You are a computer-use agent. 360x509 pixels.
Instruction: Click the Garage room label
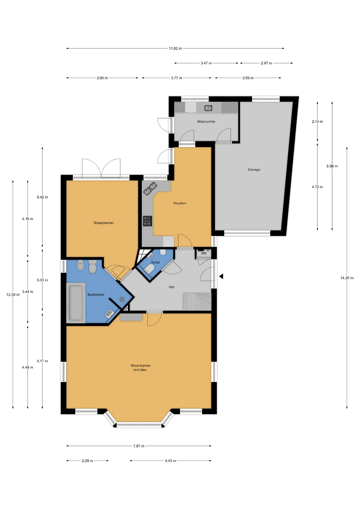[x=254, y=170]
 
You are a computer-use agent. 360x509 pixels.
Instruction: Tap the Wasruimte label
[x=206, y=121]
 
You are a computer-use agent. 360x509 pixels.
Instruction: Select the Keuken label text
[x=180, y=203]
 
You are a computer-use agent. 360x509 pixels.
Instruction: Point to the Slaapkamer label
[x=104, y=223]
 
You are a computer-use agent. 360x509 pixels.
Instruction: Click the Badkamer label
[x=96, y=295]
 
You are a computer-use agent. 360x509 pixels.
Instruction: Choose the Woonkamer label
[x=141, y=366]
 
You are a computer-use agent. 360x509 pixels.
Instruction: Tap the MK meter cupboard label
[x=204, y=253]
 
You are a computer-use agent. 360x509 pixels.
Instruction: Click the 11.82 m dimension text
[x=175, y=49]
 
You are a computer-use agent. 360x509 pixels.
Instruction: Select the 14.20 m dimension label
[x=347, y=278]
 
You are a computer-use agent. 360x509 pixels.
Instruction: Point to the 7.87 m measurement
[x=139, y=446]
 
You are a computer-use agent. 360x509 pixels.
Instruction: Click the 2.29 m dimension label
[x=87, y=461]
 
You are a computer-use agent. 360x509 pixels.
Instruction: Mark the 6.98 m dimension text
[x=332, y=166]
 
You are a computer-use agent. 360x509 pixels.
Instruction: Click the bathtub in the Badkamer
[x=76, y=302]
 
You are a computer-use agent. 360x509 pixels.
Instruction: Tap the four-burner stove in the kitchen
[x=147, y=221]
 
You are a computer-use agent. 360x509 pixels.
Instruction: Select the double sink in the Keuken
[x=150, y=188]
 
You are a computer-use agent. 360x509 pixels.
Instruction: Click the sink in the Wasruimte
[x=208, y=108]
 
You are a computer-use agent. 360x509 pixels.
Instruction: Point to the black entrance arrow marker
[x=221, y=276]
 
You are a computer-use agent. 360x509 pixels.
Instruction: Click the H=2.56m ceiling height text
[x=140, y=370]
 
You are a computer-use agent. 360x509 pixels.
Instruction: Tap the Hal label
[x=172, y=287]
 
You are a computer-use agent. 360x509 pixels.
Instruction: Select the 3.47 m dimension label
[x=206, y=63]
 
